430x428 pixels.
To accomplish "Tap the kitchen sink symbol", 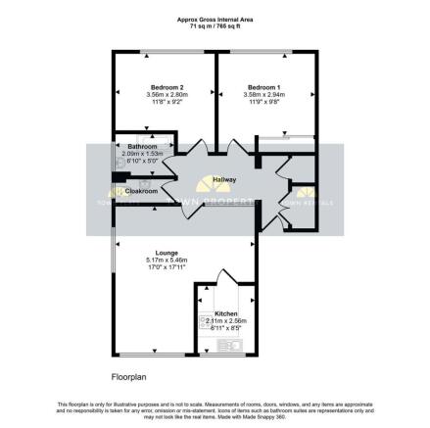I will coord(236,343).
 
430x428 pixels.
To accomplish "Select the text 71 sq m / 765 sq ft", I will coord(215,24).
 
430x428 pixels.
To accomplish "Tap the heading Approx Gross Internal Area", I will coord(215,19).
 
